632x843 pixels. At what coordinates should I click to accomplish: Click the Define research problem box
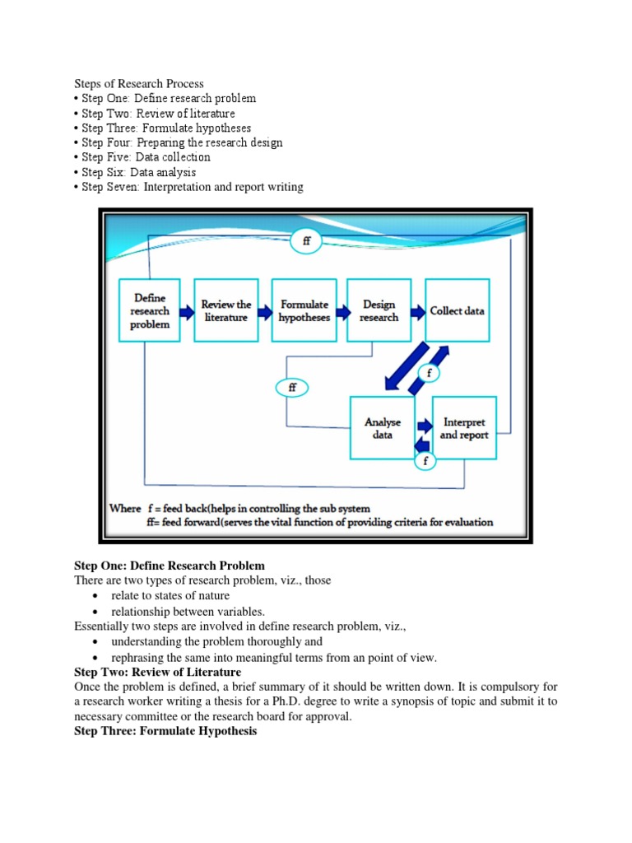(x=150, y=310)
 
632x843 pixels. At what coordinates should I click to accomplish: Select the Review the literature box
(x=226, y=310)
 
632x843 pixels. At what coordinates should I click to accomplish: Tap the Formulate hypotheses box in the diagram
(x=304, y=310)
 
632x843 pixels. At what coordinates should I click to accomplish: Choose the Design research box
(x=379, y=310)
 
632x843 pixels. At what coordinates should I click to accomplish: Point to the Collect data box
(x=458, y=310)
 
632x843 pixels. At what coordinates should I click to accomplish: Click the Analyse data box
(x=383, y=428)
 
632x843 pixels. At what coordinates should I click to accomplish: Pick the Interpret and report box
(x=464, y=428)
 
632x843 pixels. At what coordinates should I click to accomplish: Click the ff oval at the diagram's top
(x=306, y=241)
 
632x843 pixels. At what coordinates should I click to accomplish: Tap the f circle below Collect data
(x=428, y=373)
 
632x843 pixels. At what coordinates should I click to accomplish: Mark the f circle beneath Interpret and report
(x=425, y=461)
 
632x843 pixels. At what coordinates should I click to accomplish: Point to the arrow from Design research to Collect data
(x=417, y=311)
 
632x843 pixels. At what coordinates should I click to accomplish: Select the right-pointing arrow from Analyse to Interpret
(x=424, y=426)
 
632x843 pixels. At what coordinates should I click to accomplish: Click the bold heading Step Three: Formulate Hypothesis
(x=165, y=731)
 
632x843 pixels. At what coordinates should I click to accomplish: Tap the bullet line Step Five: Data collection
(x=146, y=157)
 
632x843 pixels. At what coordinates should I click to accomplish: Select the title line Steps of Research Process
(x=139, y=83)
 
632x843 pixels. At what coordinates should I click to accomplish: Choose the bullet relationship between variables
(x=188, y=611)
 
